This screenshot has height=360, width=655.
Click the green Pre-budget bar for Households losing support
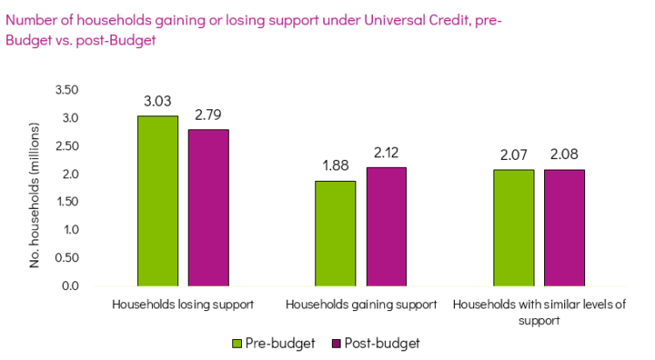[x=157, y=201]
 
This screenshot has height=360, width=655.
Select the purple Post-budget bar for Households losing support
[x=208, y=208]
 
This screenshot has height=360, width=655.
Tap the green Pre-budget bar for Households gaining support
[x=335, y=233]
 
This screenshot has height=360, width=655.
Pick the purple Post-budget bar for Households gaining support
[x=386, y=226]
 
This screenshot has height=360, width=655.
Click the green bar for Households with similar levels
[x=514, y=228]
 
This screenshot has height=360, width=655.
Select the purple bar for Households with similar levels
[x=564, y=228]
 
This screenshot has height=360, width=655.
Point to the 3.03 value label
[x=157, y=101]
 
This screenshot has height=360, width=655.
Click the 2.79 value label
[x=208, y=114]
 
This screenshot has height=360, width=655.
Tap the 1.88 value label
[x=335, y=166]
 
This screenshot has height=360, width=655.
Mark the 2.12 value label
[x=386, y=153]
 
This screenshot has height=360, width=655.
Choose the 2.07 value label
[x=514, y=155]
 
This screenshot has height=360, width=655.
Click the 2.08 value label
[x=564, y=155]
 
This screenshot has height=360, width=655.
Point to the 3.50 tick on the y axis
[x=66, y=90]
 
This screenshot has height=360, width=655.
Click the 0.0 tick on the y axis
[x=70, y=286]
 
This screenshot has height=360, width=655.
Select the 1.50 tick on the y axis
[x=66, y=202]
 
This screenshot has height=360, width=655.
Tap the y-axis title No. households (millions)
[x=36, y=187]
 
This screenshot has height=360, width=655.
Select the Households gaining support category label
[x=361, y=305]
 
